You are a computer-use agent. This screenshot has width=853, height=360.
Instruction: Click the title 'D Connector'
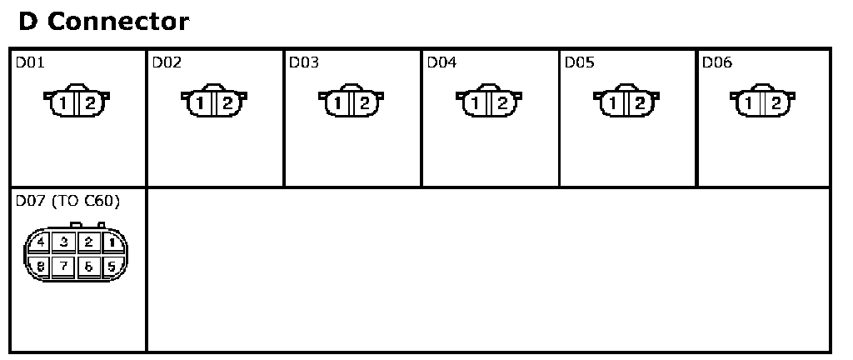(103, 22)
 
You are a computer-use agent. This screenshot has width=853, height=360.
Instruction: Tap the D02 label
(167, 62)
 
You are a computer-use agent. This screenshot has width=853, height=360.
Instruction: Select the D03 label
(304, 62)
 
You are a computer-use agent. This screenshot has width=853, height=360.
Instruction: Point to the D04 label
(441, 62)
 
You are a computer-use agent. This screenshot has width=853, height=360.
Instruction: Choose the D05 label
(579, 62)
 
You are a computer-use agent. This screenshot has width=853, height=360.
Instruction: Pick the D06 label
(716, 62)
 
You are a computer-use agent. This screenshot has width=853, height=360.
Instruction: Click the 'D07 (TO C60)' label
(67, 202)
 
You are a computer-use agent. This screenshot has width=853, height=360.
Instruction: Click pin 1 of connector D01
(65, 103)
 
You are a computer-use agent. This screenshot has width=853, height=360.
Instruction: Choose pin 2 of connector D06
(776, 103)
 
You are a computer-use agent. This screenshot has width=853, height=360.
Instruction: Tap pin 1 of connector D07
(112, 243)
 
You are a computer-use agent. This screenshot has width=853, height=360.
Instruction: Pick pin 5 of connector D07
(112, 267)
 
